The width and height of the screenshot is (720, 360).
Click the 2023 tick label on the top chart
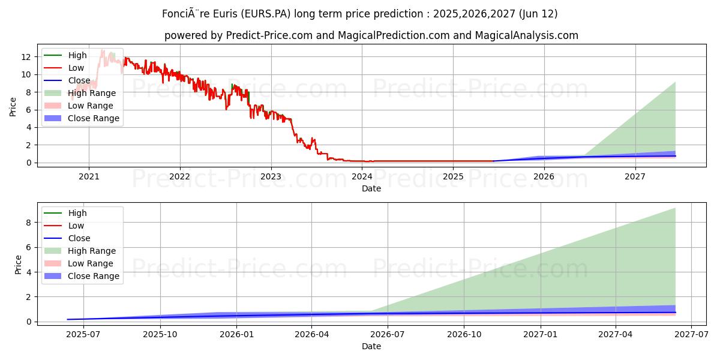[x=271, y=176]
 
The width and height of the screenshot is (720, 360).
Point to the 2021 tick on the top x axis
[x=89, y=176]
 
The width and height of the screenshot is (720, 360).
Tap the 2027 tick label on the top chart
[x=635, y=176]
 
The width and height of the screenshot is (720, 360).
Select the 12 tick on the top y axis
[x=26, y=57]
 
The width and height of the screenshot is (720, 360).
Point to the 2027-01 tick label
[x=541, y=334]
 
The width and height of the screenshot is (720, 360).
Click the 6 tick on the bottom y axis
[x=28, y=247]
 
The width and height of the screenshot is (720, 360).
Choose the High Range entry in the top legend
[x=92, y=93]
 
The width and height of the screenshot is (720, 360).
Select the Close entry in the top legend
[x=79, y=80]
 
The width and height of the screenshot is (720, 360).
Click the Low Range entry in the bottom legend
[x=91, y=263]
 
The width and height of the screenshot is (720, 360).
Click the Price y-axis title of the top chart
[x=13, y=106]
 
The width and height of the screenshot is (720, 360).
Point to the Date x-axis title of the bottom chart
[x=371, y=346]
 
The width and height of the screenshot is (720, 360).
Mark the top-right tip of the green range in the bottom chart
[x=675, y=208]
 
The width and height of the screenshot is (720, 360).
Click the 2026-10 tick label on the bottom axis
[x=465, y=334]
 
